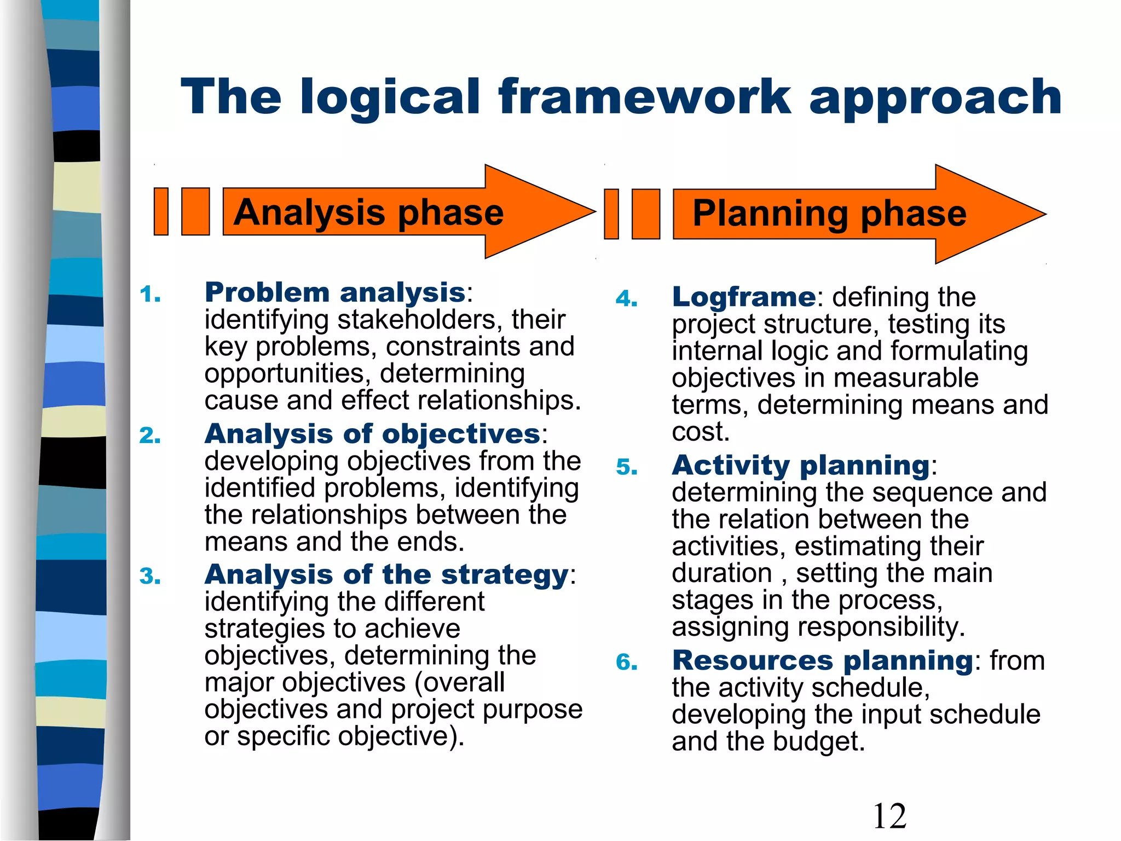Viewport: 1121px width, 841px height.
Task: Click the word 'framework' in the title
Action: pos(644,97)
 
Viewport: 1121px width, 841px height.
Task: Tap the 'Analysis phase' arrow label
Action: pos(368,212)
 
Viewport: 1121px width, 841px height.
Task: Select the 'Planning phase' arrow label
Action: pos(829,214)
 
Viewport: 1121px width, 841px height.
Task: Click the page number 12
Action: pos(889,816)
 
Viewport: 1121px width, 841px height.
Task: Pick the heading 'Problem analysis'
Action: pos(334,292)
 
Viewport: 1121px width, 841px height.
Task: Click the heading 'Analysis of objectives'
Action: pos(372,434)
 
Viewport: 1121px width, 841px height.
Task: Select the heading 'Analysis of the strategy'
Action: pos(386,575)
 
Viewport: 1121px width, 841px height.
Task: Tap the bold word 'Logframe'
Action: pos(744,297)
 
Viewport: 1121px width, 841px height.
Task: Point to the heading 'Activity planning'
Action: pos(801,466)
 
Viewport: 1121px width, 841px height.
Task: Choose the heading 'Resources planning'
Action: pos(822,661)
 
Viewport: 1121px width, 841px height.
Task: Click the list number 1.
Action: pos(150,295)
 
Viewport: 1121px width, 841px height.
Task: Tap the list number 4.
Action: pos(626,299)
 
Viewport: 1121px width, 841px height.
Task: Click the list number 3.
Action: pos(150,577)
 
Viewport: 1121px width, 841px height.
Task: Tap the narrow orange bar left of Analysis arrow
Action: pos(161,211)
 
